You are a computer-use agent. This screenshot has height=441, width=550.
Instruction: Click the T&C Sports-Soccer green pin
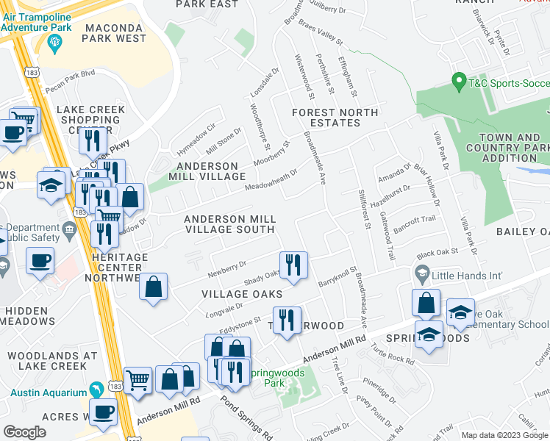(460, 79)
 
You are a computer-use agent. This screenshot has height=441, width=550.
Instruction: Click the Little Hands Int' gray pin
(422, 276)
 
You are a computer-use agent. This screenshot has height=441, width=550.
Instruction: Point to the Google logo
(24, 432)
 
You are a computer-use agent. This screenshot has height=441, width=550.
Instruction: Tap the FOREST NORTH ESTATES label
(335, 118)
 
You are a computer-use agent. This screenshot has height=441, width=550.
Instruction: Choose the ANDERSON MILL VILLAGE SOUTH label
(230, 224)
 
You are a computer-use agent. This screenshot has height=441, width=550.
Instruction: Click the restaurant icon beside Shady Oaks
(293, 265)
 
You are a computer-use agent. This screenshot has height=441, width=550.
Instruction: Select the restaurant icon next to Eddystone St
(286, 320)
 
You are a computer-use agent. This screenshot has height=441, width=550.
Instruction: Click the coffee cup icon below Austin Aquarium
(103, 412)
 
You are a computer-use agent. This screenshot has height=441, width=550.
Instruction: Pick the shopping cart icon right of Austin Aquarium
(137, 381)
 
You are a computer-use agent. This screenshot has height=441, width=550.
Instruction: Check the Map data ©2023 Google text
(504, 435)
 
